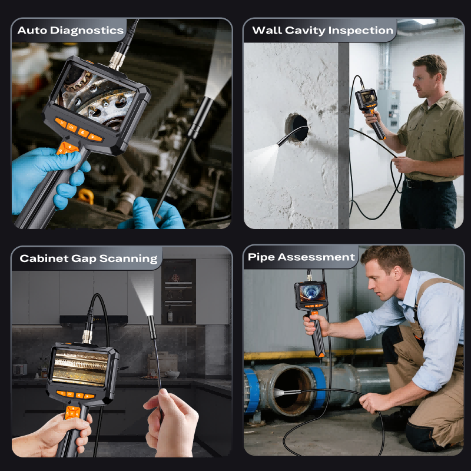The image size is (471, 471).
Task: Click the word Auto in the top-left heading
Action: click(x=32, y=31)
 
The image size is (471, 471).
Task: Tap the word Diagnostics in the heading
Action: click(x=87, y=31)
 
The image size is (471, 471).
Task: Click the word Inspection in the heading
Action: click(x=361, y=31)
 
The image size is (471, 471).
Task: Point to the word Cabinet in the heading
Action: click(x=44, y=258)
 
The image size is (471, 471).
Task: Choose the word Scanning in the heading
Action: click(x=128, y=258)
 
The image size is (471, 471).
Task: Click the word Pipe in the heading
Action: click(x=261, y=257)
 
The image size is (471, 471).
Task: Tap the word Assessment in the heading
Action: click(x=316, y=257)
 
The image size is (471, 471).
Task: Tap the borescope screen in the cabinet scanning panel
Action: click(x=80, y=367)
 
